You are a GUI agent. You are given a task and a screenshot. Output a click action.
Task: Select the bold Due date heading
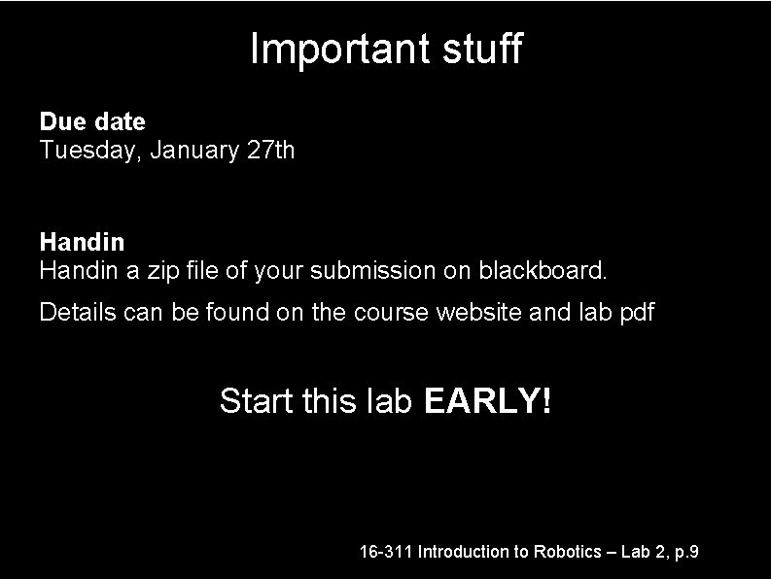click(92, 122)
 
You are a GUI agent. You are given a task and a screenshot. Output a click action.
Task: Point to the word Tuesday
click(79, 151)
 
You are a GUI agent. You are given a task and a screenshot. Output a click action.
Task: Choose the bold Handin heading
click(82, 240)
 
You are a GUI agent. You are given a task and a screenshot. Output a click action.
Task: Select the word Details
click(73, 312)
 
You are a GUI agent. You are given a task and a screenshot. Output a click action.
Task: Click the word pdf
click(636, 313)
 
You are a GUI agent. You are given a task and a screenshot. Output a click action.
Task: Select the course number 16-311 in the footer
click(386, 552)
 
